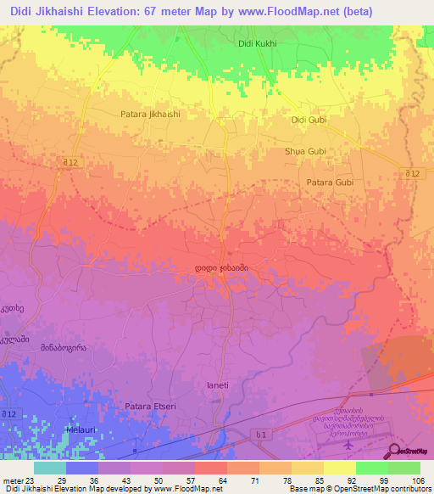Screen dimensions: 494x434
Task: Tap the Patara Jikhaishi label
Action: (x=150, y=113)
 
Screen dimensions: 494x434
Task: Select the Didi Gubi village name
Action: (x=309, y=121)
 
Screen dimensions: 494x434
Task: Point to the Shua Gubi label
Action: (x=305, y=152)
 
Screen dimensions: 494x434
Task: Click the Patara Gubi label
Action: (x=329, y=182)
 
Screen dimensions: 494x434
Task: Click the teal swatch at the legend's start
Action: (x=50, y=468)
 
